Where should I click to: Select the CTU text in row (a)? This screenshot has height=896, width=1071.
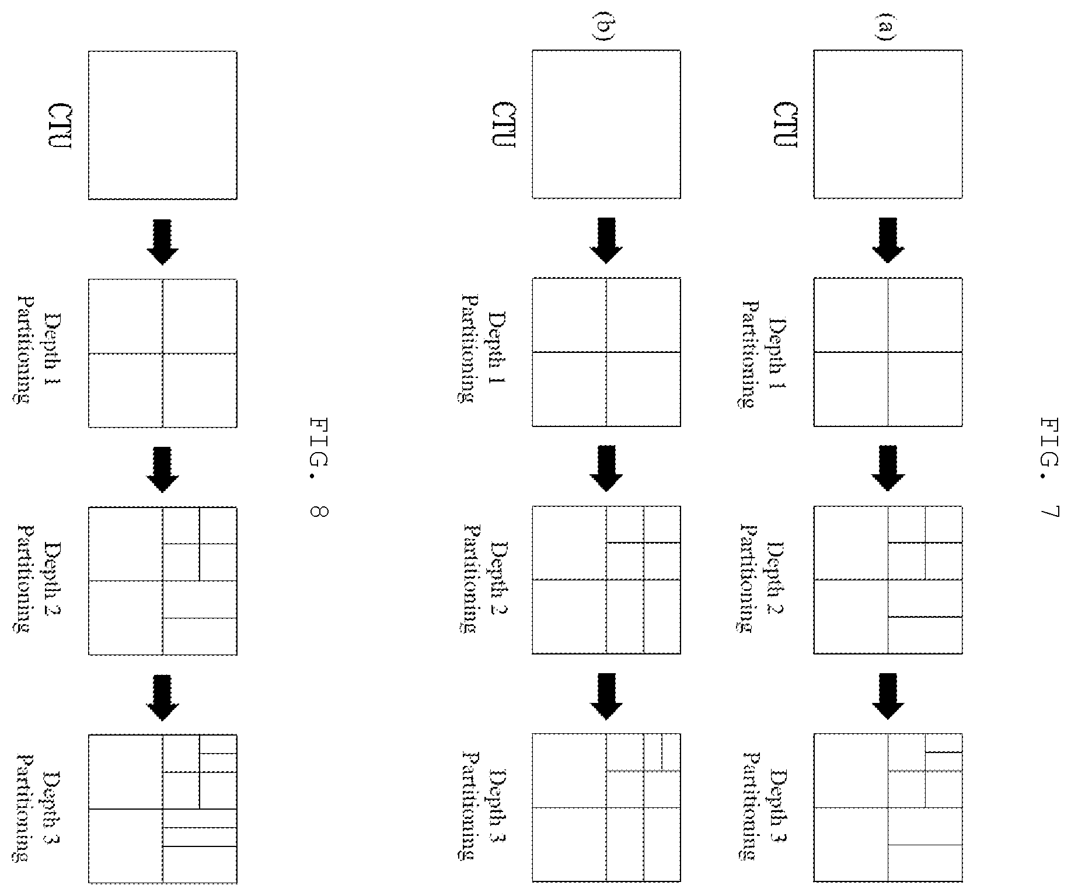coord(785,125)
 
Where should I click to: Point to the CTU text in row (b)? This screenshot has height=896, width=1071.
coord(504,125)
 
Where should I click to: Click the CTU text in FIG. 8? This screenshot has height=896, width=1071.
coord(60,126)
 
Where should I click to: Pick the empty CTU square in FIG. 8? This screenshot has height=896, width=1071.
coord(163,125)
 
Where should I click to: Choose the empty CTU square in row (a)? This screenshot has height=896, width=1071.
coord(888,124)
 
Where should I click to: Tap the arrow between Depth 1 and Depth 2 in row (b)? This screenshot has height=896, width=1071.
coord(606,468)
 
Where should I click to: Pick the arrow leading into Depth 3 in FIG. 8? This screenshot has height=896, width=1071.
coord(163,698)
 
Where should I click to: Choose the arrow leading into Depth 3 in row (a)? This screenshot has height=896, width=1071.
coord(888,696)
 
